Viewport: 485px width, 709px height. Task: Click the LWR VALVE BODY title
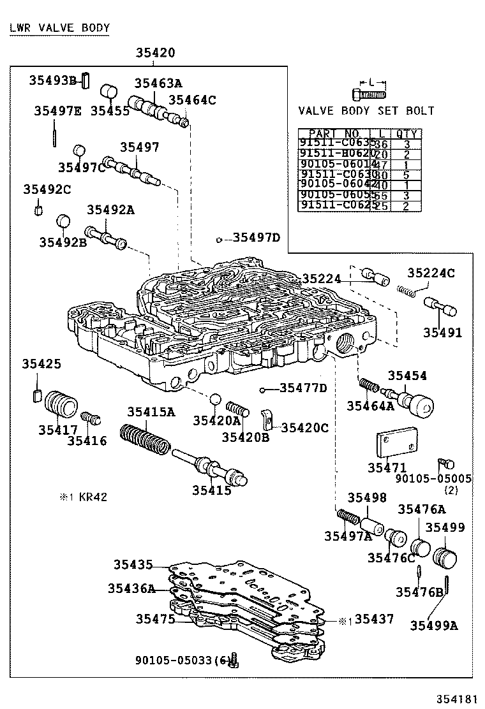tap(60, 28)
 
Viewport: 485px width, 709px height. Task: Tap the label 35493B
tap(53, 80)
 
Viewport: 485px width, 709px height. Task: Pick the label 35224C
tap(431, 274)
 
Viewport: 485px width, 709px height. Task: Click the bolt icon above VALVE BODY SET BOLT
tap(368, 94)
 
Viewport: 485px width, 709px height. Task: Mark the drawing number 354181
tap(455, 698)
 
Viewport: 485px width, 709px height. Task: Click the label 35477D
tap(303, 388)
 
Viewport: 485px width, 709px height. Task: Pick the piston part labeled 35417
tap(61, 404)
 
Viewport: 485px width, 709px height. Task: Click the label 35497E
tap(57, 111)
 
